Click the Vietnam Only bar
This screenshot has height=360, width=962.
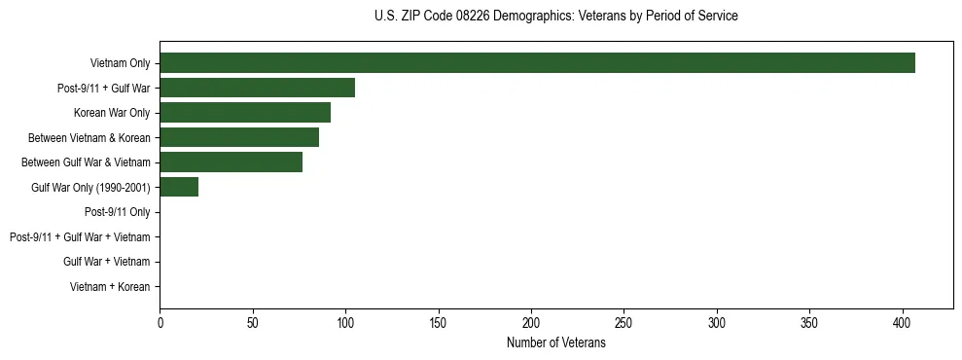(537, 63)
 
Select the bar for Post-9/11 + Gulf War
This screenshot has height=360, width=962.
(257, 88)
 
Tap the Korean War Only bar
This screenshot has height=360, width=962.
(245, 113)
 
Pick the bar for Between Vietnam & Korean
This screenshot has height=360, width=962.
(239, 137)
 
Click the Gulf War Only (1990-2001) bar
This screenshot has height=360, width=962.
(179, 187)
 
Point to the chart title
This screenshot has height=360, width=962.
(555, 17)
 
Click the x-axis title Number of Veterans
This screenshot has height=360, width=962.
(555, 343)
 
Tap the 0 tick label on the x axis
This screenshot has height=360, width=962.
(160, 322)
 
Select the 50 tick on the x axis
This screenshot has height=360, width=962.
(253, 322)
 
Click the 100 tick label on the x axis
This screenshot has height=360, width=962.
(345, 322)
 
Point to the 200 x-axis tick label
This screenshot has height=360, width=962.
(531, 322)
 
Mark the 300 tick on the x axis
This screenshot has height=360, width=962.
(717, 322)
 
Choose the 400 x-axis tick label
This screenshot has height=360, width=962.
(903, 322)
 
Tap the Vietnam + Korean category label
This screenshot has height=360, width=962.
(110, 287)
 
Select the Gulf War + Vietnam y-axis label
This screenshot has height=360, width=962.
(106, 262)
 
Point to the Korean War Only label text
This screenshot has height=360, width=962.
(112, 113)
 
